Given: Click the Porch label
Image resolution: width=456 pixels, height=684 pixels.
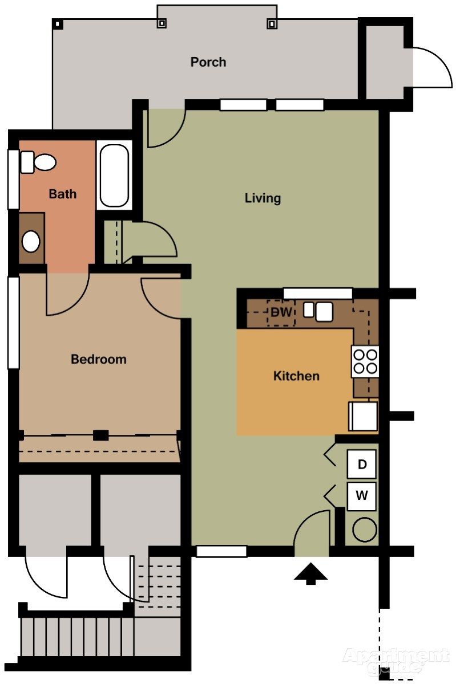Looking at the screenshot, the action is coord(208,62).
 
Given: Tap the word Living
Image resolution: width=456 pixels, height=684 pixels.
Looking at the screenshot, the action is coord(263,198).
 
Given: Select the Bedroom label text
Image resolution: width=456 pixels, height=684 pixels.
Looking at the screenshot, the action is coord(99,359).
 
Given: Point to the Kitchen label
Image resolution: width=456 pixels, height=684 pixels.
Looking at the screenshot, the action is coord(296,376).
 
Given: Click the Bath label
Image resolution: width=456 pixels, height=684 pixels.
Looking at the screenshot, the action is coord(63,194).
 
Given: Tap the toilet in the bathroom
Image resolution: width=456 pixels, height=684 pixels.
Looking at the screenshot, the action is coord(38,162).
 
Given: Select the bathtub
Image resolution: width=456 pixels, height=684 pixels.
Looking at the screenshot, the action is coord(114,176).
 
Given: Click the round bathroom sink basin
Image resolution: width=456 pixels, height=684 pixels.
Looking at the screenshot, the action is coord(31,241).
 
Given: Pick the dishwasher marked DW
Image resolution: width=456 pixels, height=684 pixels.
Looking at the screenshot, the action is coord(281,313).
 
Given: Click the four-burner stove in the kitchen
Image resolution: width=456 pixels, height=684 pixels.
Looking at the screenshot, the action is coord(365,361).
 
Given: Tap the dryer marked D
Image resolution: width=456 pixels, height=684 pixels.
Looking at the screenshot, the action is coord(362,464).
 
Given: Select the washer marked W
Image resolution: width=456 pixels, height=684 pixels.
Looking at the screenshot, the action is coord(362,496).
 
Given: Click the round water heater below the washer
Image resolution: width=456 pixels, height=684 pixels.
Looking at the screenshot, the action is coord(365,530).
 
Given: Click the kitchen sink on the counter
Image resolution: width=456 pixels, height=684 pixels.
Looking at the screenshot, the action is coord(318,311).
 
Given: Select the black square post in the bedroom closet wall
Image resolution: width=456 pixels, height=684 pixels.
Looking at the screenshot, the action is coord(100,435).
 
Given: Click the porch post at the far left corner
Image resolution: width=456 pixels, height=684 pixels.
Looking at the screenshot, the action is coord(58,24).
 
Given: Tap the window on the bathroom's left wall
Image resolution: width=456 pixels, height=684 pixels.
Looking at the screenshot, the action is coord(13,179).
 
